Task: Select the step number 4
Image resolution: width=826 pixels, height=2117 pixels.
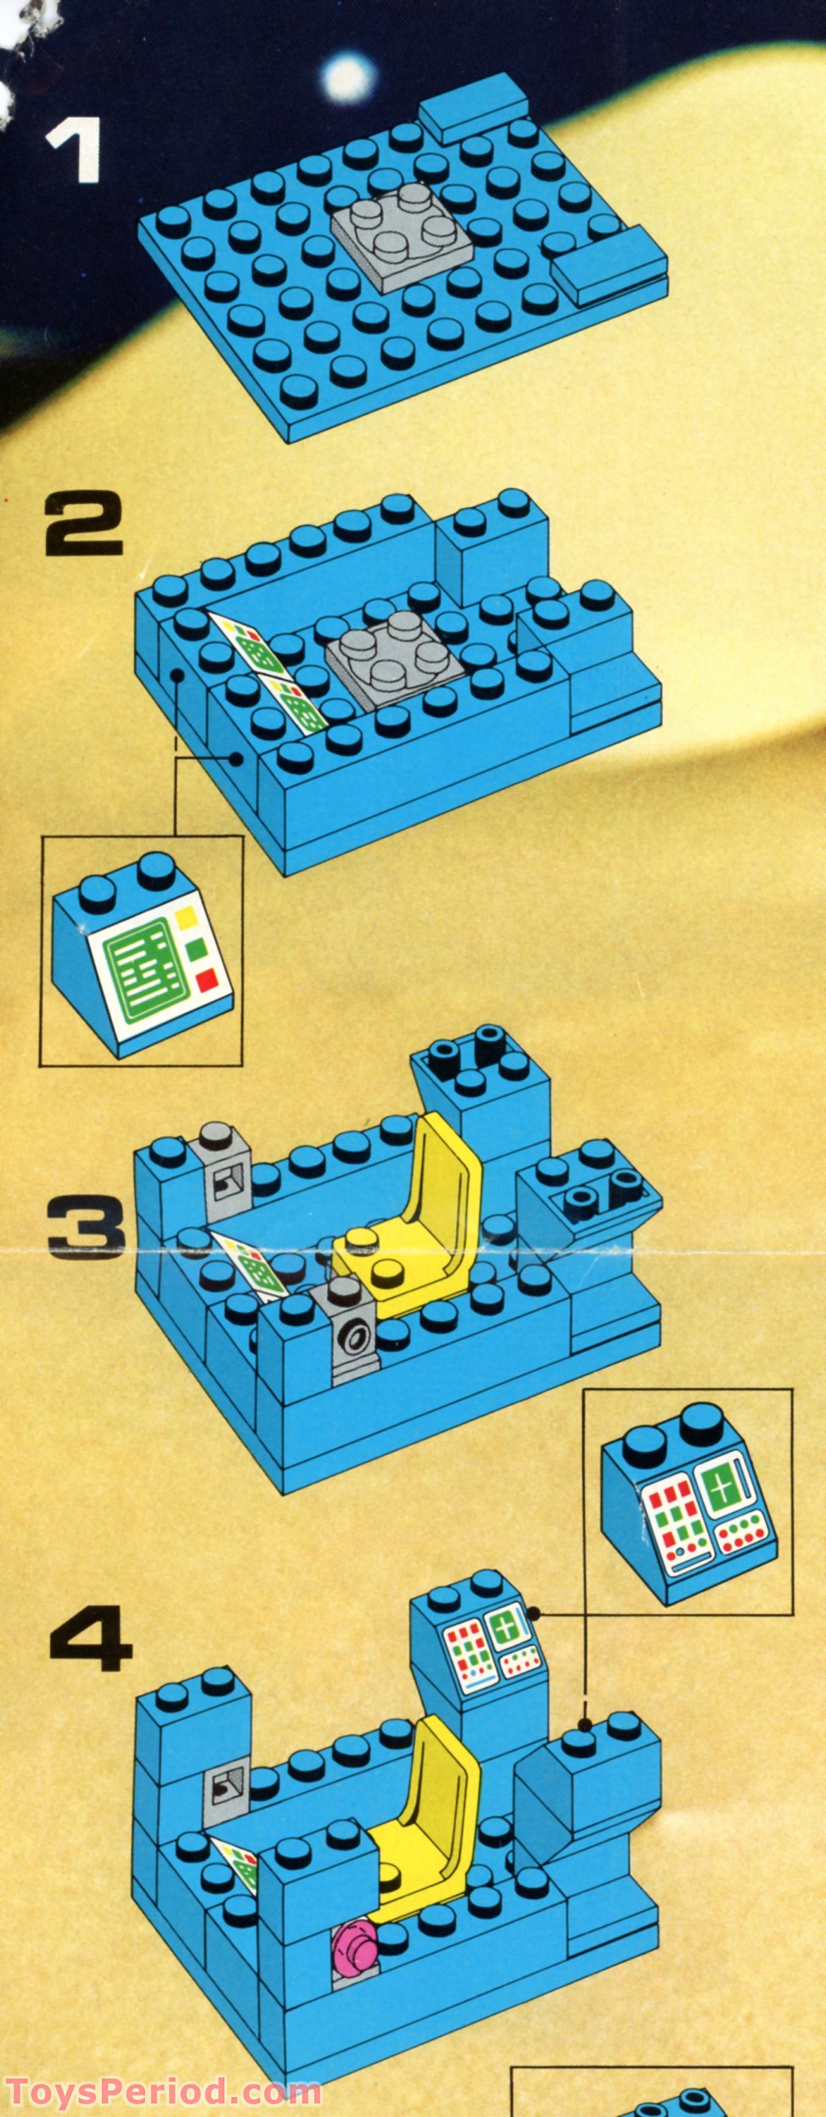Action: tap(91, 1639)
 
